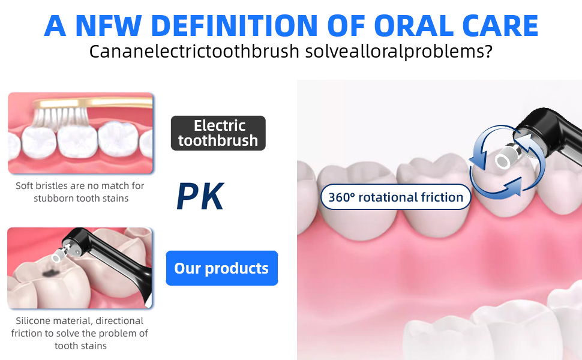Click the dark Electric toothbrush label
[x=218, y=133]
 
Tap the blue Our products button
[x=221, y=268]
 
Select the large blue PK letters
[x=200, y=197]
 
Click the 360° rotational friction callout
[x=395, y=197]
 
